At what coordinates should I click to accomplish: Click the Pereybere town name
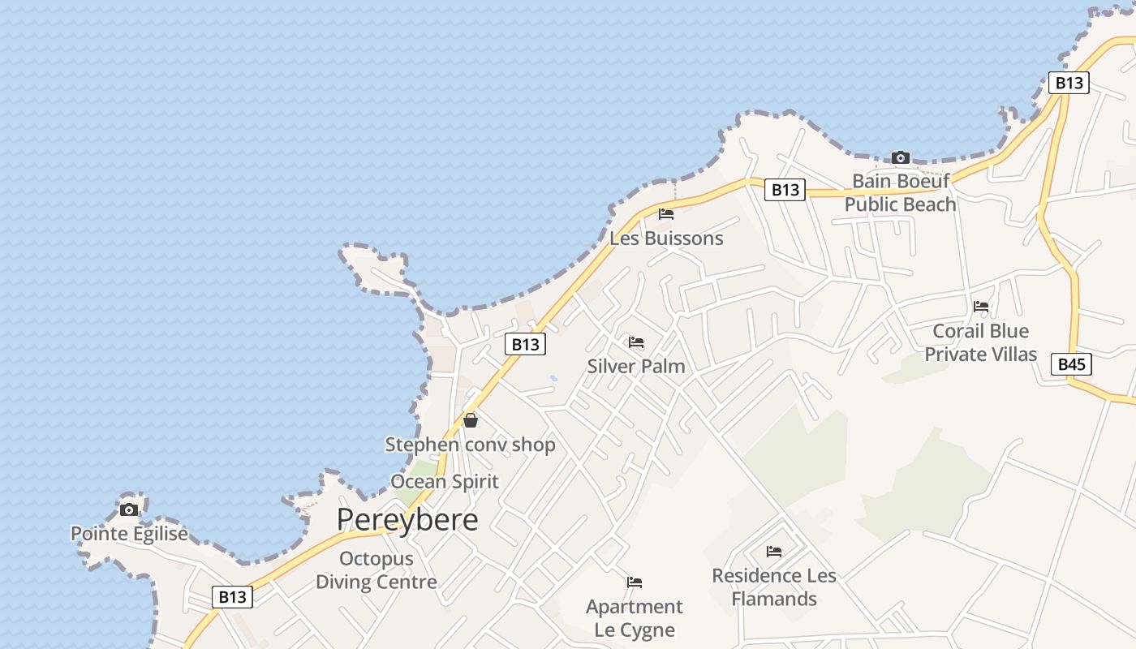click(x=407, y=520)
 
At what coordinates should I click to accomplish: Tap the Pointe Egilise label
click(x=129, y=534)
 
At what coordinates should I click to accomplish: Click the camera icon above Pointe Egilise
click(x=129, y=509)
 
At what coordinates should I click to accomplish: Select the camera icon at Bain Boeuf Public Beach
click(x=900, y=157)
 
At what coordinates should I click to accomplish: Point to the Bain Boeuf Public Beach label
click(x=900, y=192)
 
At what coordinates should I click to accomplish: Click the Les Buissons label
click(x=666, y=239)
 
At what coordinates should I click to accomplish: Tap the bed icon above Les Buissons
click(x=666, y=214)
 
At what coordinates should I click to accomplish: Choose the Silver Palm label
click(x=636, y=366)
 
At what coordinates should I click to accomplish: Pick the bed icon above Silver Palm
click(x=636, y=342)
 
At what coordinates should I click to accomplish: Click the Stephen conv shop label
click(x=470, y=445)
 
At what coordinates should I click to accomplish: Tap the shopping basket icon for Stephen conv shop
click(x=470, y=420)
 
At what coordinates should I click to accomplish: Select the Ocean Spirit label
click(x=445, y=481)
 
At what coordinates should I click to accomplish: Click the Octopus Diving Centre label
click(x=376, y=570)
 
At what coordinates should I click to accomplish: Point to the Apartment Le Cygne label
click(x=635, y=618)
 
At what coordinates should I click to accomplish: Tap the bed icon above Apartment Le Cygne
click(x=635, y=582)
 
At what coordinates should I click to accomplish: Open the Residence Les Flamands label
click(x=774, y=587)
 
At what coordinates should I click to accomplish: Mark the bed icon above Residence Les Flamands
click(x=774, y=552)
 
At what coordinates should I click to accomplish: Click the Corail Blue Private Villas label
click(x=981, y=342)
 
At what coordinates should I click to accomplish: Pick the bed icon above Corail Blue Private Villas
click(x=981, y=307)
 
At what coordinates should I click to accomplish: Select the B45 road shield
click(x=1071, y=364)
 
